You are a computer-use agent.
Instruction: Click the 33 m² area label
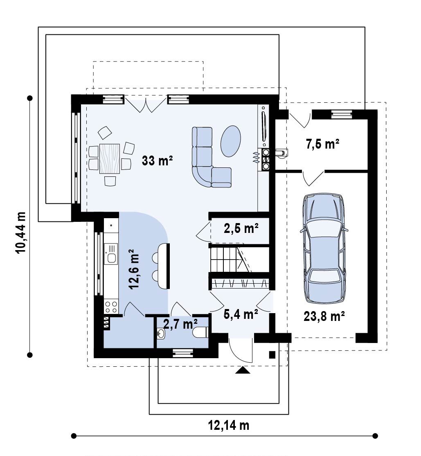(x=157, y=160)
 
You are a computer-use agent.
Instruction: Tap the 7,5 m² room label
(x=322, y=144)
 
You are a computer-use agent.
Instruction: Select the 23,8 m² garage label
(x=324, y=316)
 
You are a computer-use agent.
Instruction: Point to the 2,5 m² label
(x=241, y=228)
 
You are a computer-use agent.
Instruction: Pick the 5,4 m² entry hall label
(x=241, y=314)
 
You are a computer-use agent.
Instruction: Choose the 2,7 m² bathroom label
(x=180, y=324)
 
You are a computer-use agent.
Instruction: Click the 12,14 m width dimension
(x=229, y=425)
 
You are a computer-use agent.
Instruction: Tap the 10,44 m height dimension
(x=21, y=233)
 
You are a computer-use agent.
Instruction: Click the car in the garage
(x=324, y=248)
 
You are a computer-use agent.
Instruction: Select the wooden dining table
(x=109, y=158)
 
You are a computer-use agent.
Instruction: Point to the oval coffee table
(x=231, y=141)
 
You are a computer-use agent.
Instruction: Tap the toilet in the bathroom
(x=200, y=332)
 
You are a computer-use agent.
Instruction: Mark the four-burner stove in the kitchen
(x=111, y=307)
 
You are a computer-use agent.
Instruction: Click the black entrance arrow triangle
(x=243, y=370)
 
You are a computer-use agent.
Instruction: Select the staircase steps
(x=230, y=260)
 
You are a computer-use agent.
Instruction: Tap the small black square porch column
(x=272, y=355)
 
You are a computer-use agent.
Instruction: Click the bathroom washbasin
(x=160, y=334)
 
